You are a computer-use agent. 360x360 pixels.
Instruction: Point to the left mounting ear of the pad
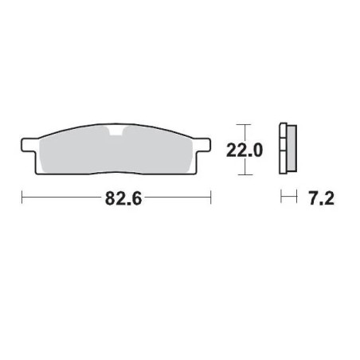29,146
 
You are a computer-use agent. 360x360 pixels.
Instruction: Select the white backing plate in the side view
283,149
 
